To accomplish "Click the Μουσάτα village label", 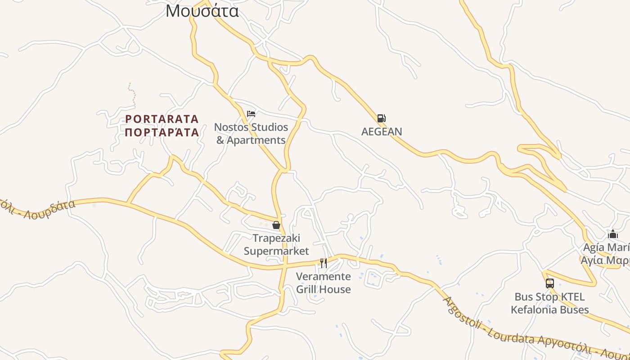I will tap(202, 10).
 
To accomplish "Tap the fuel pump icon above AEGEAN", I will tap(381, 118).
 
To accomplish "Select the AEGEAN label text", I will tap(382, 132).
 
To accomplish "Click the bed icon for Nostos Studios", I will tap(251, 113).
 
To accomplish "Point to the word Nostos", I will tap(232, 127).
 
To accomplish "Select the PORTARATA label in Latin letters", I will tap(162, 119).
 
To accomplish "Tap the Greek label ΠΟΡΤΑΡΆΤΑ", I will tap(162, 132).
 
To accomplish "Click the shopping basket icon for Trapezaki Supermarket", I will tap(276, 225).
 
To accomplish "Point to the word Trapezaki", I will tap(276, 238).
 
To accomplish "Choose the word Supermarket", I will tap(276, 251).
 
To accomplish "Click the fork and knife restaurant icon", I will tap(323, 263).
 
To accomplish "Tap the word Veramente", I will tap(323, 276).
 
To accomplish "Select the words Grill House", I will tap(323, 289).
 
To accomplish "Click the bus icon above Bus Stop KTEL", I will tap(549, 283).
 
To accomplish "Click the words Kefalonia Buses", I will tap(549, 310).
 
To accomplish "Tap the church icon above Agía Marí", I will tap(612, 234).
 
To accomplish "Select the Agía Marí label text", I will tap(606, 247).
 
